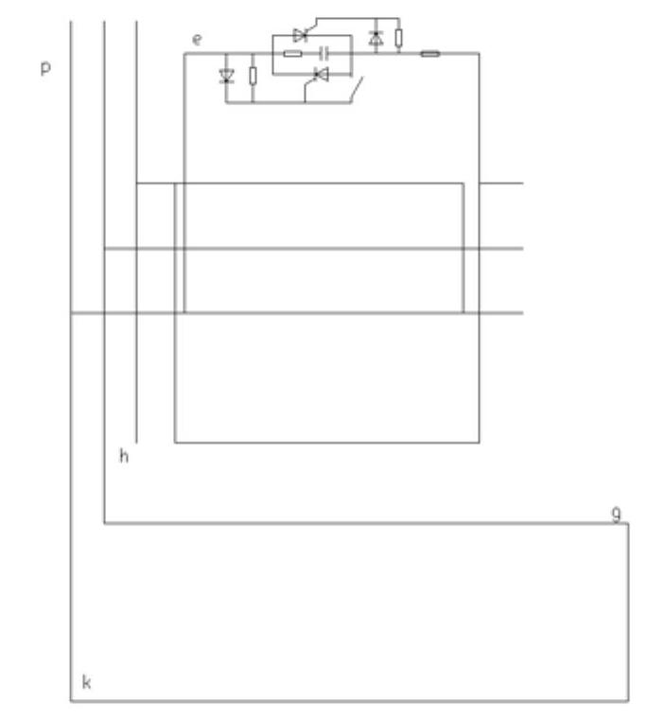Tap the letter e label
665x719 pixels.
(x=197, y=39)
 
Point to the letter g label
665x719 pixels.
(x=616, y=514)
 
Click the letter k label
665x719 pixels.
(x=86, y=682)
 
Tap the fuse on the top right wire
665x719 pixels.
(x=429, y=54)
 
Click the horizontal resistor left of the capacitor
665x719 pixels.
(x=292, y=54)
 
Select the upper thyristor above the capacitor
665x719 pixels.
(x=301, y=36)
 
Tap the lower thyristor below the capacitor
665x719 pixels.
(x=321, y=73)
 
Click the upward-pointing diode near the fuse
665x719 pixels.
(x=376, y=38)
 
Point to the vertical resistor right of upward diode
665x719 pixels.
(x=399, y=38)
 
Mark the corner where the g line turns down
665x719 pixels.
(x=628, y=523)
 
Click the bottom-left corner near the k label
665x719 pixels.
(x=72, y=701)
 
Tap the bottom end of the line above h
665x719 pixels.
(x=137, y=442)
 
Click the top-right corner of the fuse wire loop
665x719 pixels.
(x=479, y=54)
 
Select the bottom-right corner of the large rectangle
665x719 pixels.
(x=479, y=442)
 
